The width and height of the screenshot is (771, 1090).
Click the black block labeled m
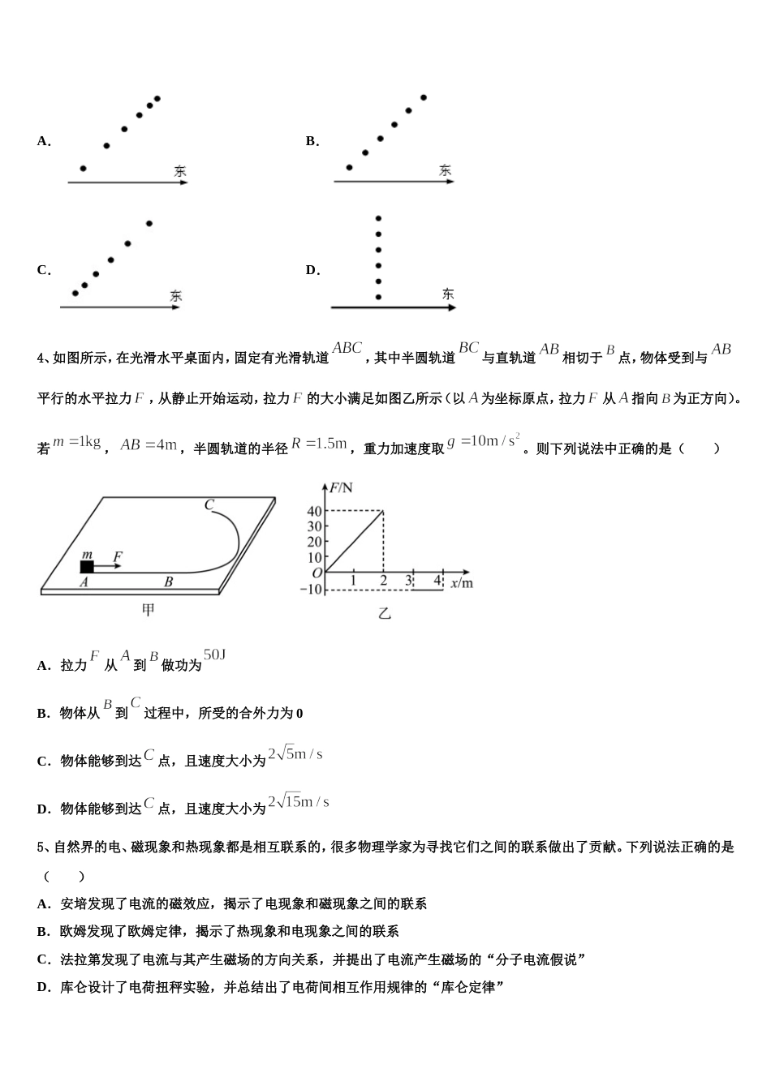(87, 566)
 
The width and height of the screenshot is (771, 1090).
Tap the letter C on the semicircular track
(209, 504)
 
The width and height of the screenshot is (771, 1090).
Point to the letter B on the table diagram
(169, 581)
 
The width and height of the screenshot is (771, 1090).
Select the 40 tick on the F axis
(314, 511)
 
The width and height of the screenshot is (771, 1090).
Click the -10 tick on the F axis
(311, 589)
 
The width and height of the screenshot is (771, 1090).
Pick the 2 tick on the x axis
(383, 581)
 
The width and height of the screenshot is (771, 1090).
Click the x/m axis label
(461, 581)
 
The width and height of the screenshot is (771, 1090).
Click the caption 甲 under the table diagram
(148, 610)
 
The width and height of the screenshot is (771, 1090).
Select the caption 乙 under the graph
(385, 613)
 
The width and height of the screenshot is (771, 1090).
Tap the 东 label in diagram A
(179, 171)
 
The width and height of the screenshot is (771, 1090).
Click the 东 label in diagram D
(448, 294)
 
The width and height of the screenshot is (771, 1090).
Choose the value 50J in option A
(214, 654)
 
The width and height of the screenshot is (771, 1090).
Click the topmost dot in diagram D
(378, 218)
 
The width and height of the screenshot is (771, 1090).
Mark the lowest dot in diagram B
(349, 168)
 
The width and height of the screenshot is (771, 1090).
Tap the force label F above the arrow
(118, 556)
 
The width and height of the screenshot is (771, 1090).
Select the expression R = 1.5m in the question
(319, 444)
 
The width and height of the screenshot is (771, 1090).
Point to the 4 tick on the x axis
(437, 580)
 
